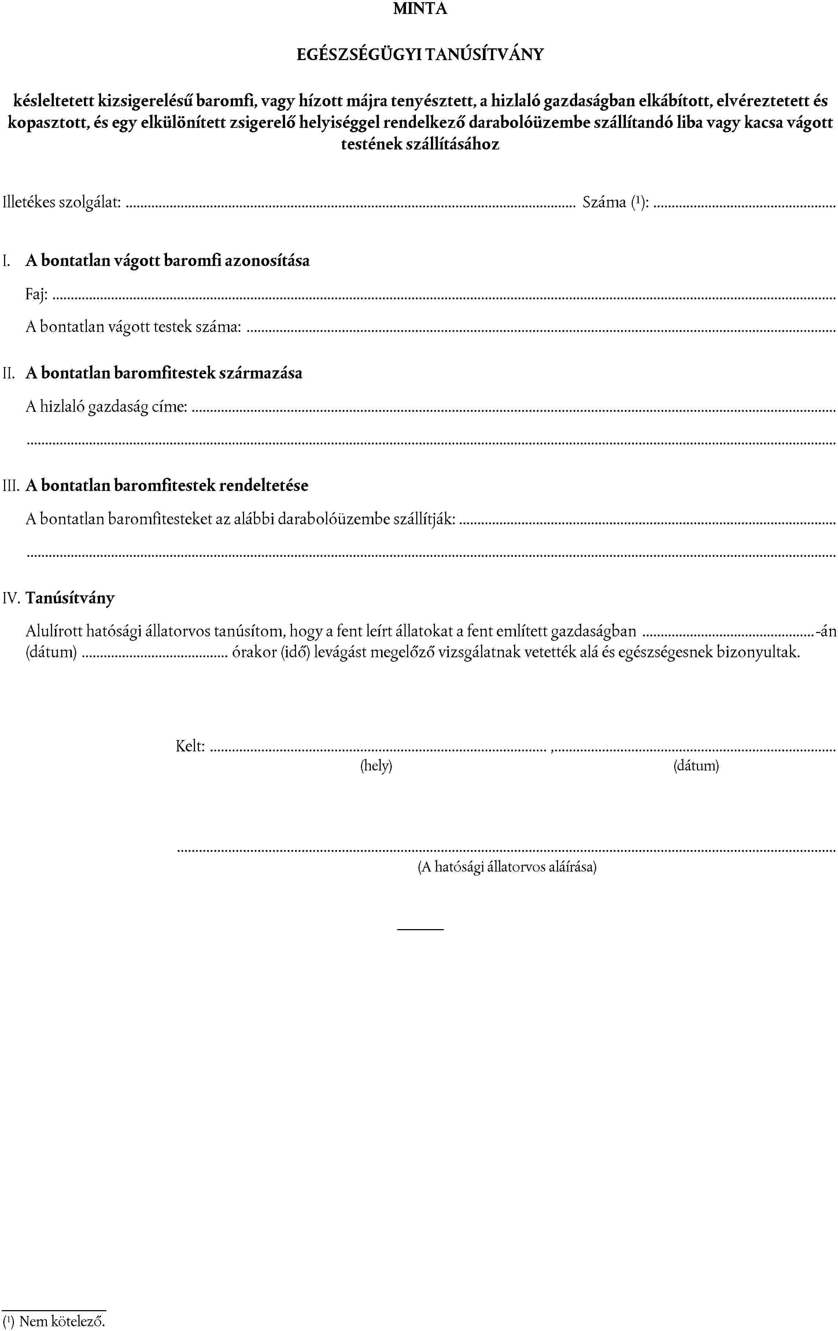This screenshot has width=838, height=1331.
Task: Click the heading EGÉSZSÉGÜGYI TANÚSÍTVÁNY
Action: point(420,54)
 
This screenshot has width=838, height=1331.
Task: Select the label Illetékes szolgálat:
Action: point(62,202)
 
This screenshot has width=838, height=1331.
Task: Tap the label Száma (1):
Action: point(615,202)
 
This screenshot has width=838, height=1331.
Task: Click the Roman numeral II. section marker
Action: point(9,373)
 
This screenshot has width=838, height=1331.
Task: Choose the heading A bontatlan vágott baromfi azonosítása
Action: point(167,260)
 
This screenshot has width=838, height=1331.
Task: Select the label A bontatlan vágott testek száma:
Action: point(133,327)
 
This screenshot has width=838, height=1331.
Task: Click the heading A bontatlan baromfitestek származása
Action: point(164,373)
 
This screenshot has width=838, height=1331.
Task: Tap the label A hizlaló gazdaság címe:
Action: point(106,407)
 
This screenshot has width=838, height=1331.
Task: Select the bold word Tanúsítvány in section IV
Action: point(70,598)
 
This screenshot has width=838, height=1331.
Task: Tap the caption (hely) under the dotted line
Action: point(376,766)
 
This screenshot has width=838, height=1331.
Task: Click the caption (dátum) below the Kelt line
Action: point(695,766)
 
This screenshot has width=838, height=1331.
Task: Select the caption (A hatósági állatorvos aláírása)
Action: point(506,867)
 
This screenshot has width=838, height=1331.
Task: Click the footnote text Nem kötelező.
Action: point(62,1321)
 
